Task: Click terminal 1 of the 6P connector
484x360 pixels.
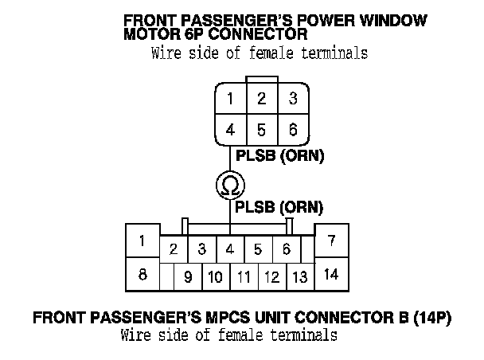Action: (230, 100)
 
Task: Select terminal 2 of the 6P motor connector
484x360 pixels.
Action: (261, 100)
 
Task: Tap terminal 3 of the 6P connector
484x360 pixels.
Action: (293, 100)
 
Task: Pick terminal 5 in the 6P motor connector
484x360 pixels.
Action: (261, 129)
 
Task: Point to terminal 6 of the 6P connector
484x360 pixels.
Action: (293, 129)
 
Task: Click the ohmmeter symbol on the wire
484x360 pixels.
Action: (230, 186)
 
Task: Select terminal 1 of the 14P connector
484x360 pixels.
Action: (142, 241)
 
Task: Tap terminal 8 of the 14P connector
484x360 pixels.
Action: (142, 275)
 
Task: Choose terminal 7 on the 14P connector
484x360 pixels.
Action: (332, 240)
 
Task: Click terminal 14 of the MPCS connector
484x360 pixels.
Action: (332, 275)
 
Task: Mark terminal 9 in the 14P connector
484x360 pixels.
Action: (188, 278)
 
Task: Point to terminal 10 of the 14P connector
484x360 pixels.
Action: (215, 278)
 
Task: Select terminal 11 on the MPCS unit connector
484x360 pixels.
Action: (244, 278)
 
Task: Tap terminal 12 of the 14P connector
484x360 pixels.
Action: (271, 278)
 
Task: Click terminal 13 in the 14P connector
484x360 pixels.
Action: (299, 278)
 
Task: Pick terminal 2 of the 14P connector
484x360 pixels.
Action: (173, 249)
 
